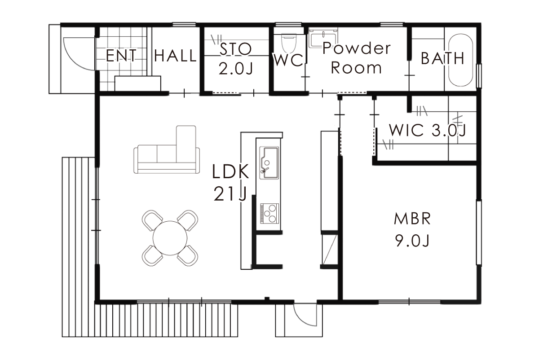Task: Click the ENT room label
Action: point(121,56)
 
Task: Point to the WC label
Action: point(289,60)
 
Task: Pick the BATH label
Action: point(442,58)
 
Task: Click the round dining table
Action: point(170,238)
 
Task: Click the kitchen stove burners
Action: point(269,213)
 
